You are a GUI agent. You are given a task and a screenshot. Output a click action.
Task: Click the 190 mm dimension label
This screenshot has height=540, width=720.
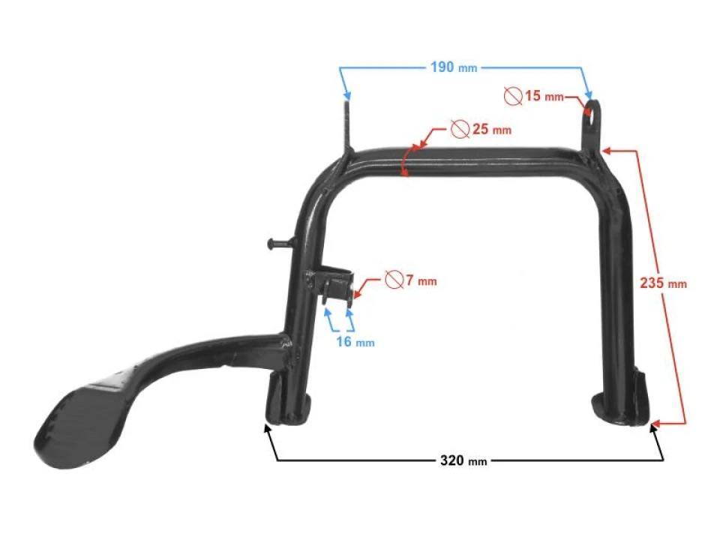(453, 67)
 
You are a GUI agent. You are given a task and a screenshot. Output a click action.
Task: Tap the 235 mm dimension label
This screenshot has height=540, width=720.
(663, 283)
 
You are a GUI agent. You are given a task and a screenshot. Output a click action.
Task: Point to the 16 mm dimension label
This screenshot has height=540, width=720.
(355, 342)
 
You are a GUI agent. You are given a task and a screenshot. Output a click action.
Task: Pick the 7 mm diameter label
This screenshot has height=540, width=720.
(421, 281)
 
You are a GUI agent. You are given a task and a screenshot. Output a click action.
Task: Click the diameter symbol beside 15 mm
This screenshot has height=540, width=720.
(513, 95)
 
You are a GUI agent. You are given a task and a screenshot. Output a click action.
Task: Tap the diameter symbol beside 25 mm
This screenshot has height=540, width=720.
(460, 129)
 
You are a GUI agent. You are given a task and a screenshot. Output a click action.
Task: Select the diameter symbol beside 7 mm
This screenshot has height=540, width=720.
(394, 280)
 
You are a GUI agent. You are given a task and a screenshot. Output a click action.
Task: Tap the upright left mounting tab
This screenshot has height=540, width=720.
(348, 127)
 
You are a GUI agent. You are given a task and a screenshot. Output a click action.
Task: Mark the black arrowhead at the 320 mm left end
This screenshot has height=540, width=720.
(268, 428)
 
